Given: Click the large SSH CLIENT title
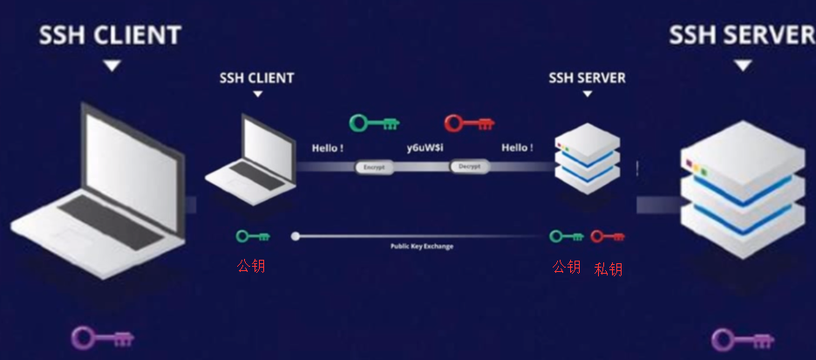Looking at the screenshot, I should coord(109,35).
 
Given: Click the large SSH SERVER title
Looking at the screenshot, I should coord(741,35).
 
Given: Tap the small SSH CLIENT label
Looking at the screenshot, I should coord(256,78).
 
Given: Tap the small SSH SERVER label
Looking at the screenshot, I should coord(587,78).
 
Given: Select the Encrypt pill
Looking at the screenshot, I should coord(375,166).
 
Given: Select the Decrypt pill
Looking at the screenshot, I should coord(470,166).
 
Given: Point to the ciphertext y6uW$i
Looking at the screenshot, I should coord(425,147).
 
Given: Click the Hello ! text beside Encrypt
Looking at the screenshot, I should coord(330,147).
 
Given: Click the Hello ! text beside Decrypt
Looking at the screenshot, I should coord(517,147).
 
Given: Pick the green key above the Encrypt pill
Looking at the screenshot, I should coord(374,123).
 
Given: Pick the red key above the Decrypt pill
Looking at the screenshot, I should coord(468,123).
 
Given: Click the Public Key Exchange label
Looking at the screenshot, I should coord(422,247).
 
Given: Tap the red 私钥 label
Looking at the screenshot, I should coord(609,268).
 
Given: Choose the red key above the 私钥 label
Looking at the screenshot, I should coord(608,236).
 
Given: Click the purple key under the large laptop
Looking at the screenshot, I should coord(102,337).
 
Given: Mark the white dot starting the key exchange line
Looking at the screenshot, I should coord(296,236).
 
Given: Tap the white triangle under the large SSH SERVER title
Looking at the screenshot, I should coord(743,65).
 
